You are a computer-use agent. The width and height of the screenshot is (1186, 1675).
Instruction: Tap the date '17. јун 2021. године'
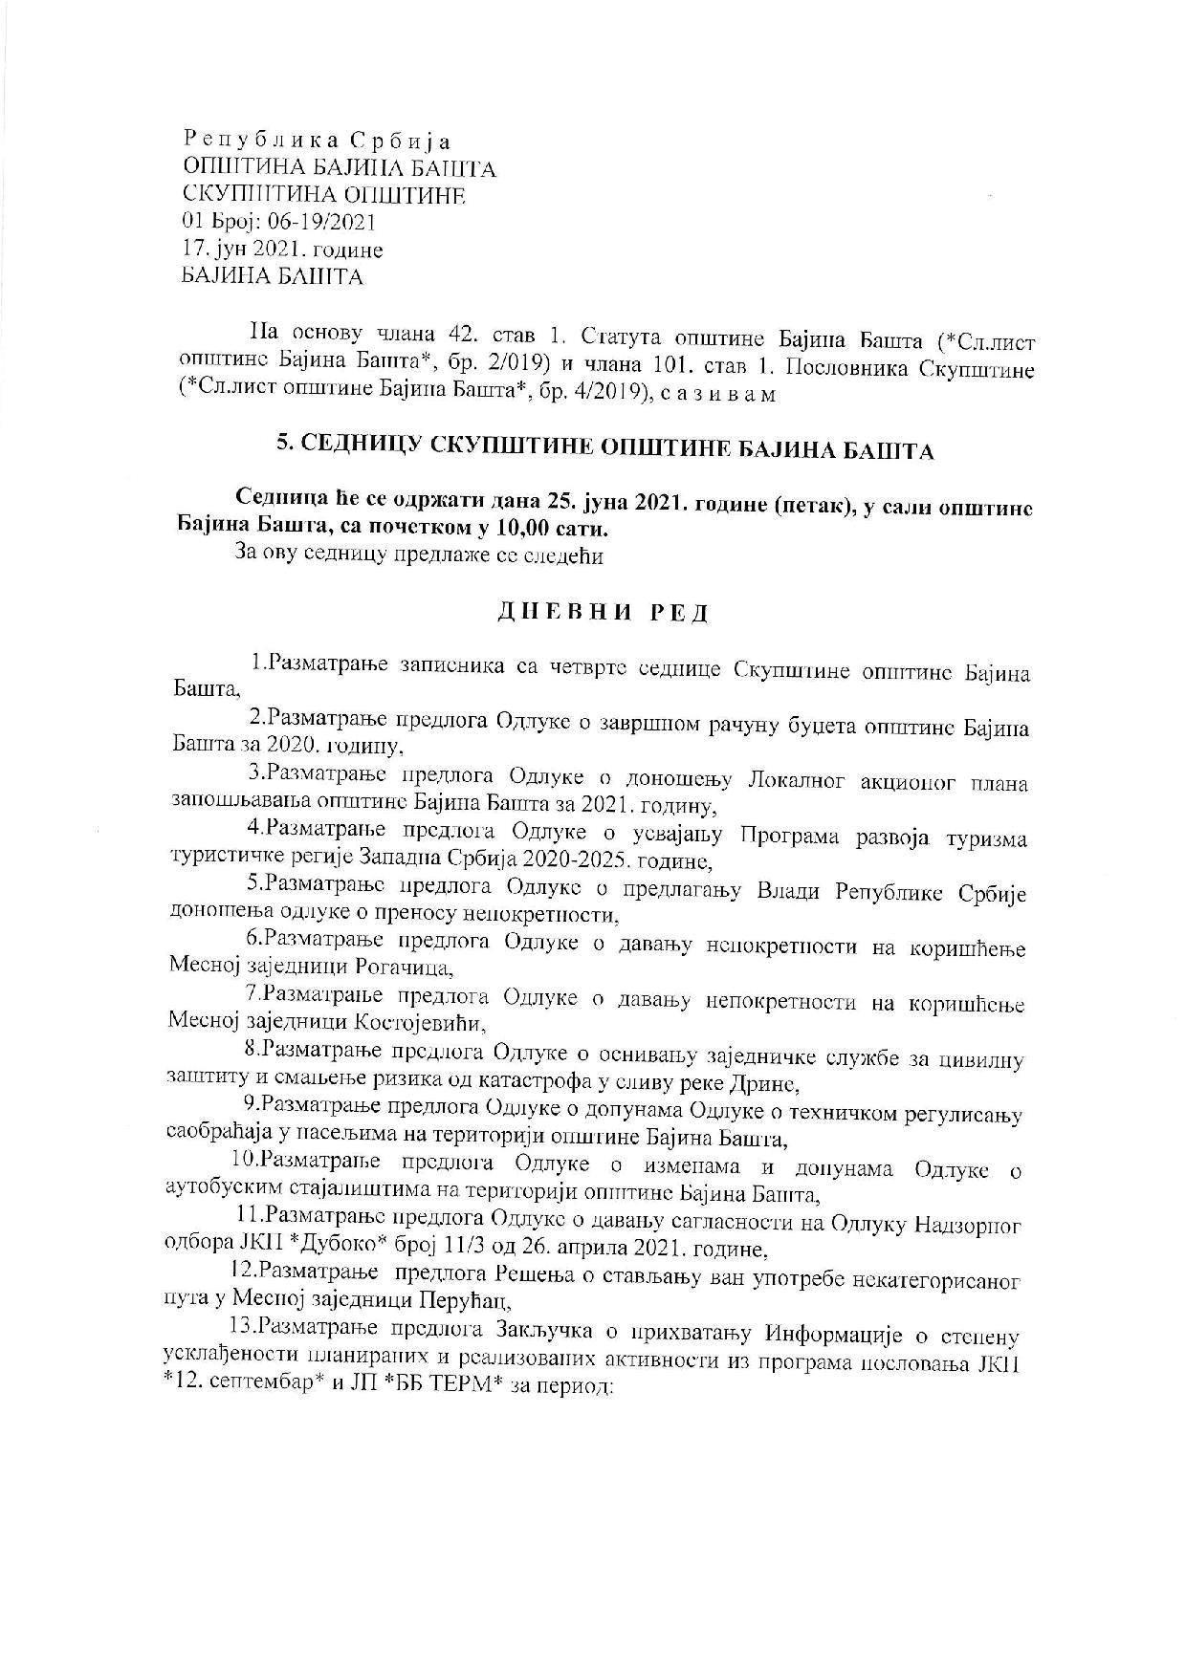[282, 250]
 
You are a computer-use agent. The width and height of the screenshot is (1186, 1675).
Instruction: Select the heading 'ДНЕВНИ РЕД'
[604, 613]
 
